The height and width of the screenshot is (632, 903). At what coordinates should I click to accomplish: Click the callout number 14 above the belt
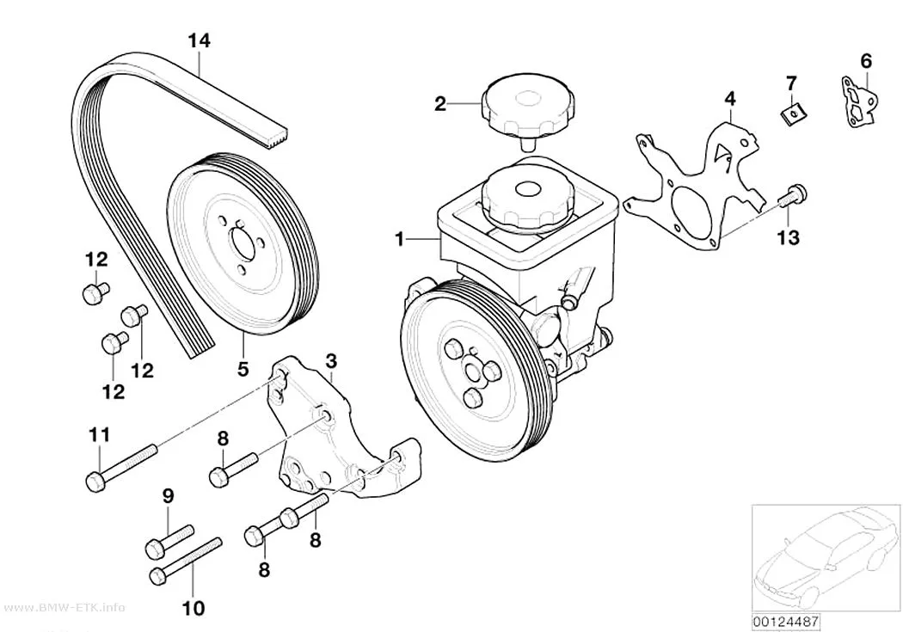pos(200,41)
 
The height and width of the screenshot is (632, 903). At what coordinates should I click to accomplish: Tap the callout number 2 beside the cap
pos(440,104)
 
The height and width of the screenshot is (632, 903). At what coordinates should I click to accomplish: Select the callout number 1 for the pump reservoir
pos(400,238)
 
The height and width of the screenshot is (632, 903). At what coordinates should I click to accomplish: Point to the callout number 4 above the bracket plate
pos(729,98)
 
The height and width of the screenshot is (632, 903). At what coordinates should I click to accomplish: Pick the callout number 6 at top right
pos(866,60)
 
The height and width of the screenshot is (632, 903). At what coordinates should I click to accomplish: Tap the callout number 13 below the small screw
pos(789,237)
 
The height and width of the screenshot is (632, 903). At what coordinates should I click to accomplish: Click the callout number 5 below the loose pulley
pos(243,368)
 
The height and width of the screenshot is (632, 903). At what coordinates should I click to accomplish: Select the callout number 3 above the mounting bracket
pos(331,361)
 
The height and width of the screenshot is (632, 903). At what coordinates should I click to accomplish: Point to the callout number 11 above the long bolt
pos(99,434)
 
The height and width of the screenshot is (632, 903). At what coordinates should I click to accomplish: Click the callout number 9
pos(168,495)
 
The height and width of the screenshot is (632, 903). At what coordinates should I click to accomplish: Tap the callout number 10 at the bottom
pos(193,608)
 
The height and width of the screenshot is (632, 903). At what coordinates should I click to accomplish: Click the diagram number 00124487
pos(785,622)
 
